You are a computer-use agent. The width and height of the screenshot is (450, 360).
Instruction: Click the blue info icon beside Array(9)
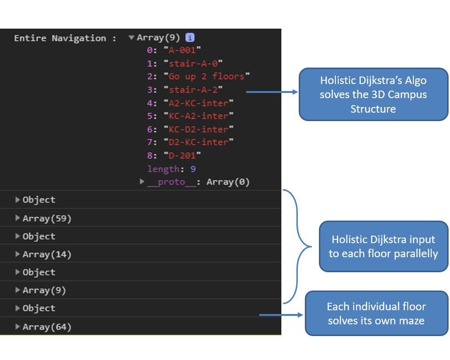(190, 38)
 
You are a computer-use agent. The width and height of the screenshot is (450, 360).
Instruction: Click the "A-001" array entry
(182, 50)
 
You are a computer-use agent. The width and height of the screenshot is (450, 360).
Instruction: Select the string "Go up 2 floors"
(207, 77)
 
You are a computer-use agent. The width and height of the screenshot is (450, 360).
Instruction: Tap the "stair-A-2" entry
(193, 90)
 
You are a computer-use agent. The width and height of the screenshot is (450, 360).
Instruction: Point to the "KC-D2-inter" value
(199, 130)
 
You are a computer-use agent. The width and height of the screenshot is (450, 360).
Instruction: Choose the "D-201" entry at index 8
(182, 155)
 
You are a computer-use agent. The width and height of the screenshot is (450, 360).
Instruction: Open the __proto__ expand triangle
(142, 182)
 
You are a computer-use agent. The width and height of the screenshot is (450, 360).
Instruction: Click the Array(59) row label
(47, 219)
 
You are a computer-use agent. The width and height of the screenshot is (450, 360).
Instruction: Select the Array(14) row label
(47, 254)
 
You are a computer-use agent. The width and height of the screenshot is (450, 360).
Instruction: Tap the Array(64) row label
(47, 327)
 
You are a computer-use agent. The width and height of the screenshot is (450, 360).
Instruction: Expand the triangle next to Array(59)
(17, 218)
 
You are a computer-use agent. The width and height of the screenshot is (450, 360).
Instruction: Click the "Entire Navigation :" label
(65, 38)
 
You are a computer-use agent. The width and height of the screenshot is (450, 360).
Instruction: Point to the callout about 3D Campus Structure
(373, 94)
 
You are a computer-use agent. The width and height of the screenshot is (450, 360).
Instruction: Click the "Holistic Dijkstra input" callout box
(384, 246)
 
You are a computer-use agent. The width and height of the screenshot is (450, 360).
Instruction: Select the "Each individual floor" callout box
(377, 313)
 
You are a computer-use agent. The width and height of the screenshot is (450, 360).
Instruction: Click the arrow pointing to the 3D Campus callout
(272, 92)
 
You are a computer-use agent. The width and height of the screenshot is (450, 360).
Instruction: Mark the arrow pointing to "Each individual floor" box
(281, 315)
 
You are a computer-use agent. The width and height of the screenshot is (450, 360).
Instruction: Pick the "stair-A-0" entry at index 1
(193, 63)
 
